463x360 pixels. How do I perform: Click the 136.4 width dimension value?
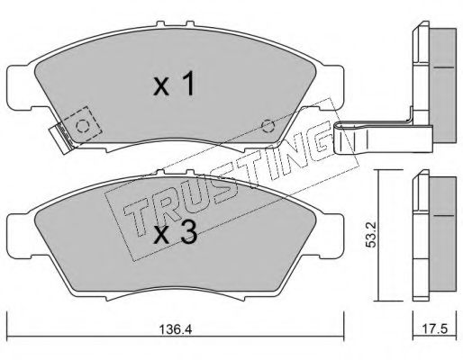pyautogui.click(x=175, y=330)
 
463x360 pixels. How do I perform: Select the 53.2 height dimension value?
pyautogui.click(x=371, y=235)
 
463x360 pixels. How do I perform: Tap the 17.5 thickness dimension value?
pyautogui.click(x=435, y=329)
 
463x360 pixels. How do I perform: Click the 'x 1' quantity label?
pyautogui.click(x=174, y=85)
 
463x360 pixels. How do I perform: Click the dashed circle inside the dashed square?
pyautogui.click(x=82, y=126)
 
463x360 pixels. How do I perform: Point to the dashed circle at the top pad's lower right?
pyautogui.click(x=268, y=126)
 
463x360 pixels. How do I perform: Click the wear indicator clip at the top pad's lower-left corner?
pyautogui.click(x=62, y=139)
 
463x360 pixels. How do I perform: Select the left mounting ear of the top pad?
pyautogui.click(x=20, y=87)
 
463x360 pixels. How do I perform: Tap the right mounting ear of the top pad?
pyautogui.click(x=332, y=87)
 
